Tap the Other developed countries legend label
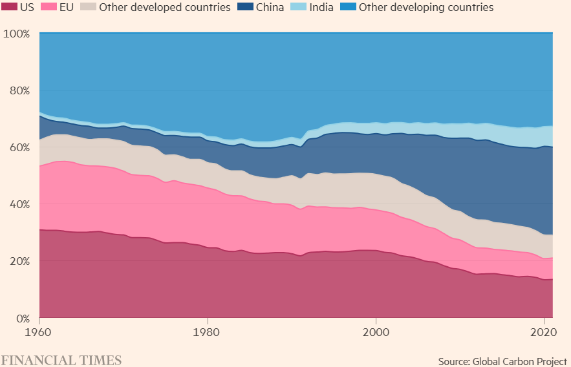[x=165, y=8]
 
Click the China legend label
[x=269, y=8]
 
